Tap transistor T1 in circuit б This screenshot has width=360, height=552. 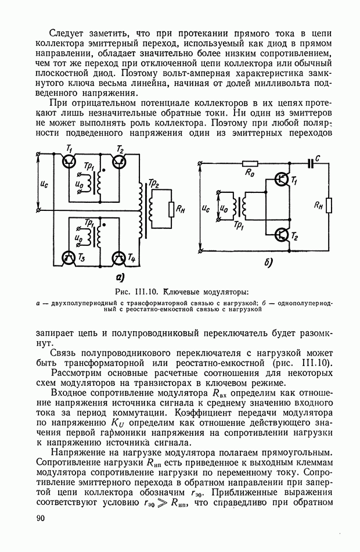tap(282, 180)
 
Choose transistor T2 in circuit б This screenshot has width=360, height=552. tap(282, 234)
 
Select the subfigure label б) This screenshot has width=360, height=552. tap(268, 263)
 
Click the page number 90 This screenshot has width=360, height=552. tap(41, 518)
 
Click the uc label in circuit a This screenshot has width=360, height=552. tap(44, 183)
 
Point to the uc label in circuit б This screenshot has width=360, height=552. tap(207, 207)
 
